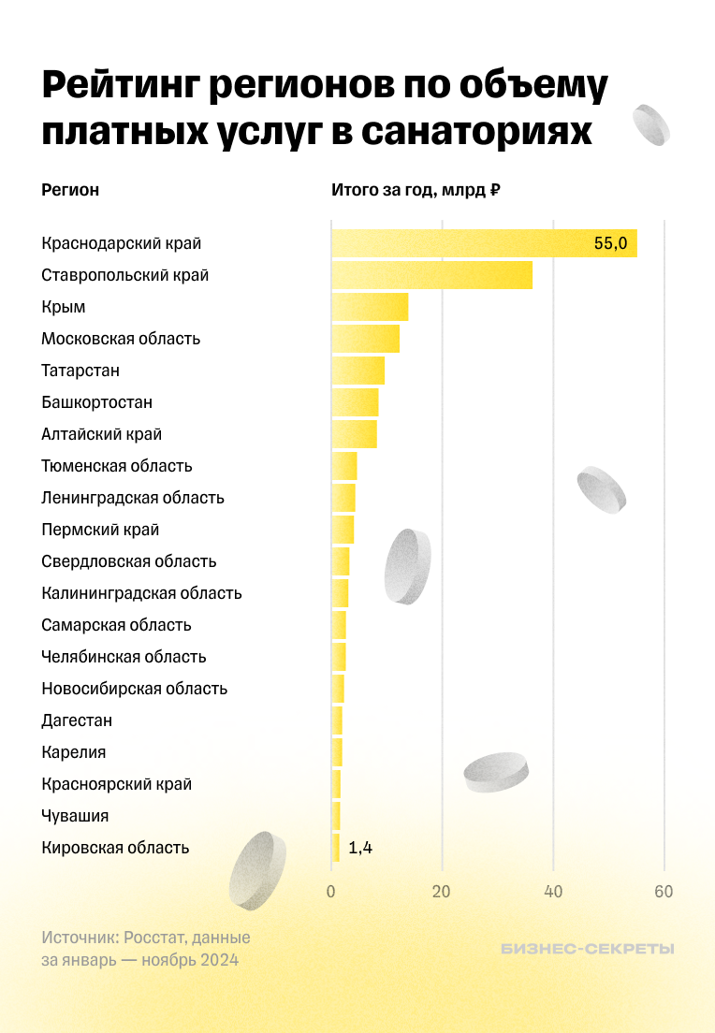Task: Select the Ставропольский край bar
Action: click(431, 275)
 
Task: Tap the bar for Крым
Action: click(370, 307)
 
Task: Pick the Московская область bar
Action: click(365, 339)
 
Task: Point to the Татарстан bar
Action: click(357, 371)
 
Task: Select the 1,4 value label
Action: click(360, 848)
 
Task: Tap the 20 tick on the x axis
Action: click(442, 892)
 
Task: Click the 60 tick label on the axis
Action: click(664, 892)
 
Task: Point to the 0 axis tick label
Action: click(331, 892)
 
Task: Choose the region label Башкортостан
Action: click(97, 402)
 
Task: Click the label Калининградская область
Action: click(142, 593)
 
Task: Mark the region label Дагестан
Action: click(77, 720)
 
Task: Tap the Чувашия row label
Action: click(75, 816)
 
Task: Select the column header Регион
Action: click(70, 190)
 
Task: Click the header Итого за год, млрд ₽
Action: click(416, 190)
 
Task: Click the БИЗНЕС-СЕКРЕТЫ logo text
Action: click(587, 949)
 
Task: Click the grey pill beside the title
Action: click(651, 125)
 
